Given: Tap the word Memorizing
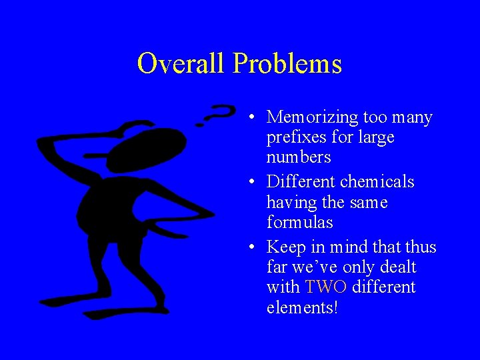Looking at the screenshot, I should tap(313, 117).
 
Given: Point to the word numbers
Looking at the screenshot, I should tap(299, 157).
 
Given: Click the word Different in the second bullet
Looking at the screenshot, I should tap(301, 181).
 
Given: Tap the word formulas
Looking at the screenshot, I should tap(299, 221).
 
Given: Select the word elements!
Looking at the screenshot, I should tap(303, 307).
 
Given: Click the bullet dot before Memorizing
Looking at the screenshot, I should tap(249, 119).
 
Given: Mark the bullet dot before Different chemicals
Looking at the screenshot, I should tap(249, 183).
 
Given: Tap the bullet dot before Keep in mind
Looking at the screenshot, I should tap(249, 249).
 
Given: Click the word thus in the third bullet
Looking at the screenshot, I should tap(421, 247).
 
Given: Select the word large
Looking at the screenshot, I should tap(377, 138).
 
